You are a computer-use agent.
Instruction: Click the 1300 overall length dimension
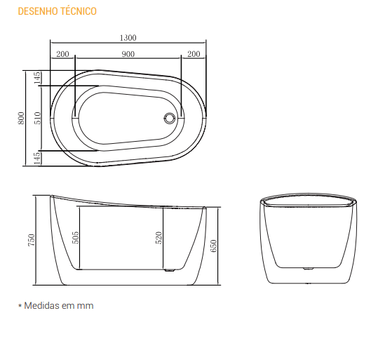tap(128, 38)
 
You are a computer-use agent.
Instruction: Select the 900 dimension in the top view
tap(128, 54)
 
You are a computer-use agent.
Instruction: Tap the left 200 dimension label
tap(62, 54)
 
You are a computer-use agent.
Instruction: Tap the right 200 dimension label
tap(194, 54)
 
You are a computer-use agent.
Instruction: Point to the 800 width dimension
tap(21, 118)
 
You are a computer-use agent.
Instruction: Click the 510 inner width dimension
tap(38, 118)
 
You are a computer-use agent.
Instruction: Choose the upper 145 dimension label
tap(37, 78)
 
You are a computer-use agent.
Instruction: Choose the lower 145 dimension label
tap(37, 159)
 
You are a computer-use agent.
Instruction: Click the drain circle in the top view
tap(169, 118)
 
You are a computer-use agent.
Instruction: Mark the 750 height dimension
tap(32, 240)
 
